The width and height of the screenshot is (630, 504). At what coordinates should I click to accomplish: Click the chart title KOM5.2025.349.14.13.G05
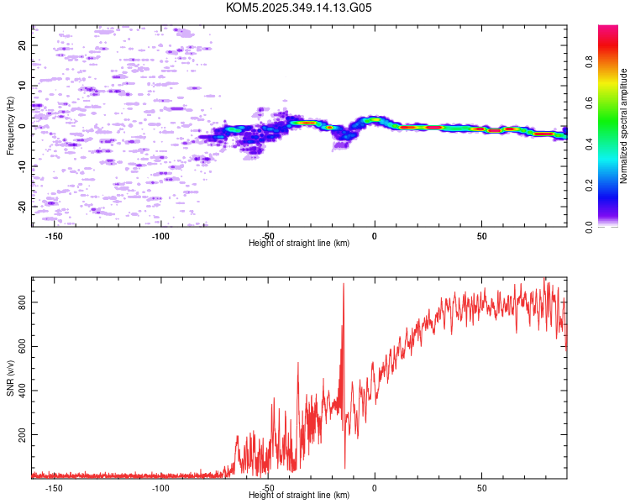click(299, 8)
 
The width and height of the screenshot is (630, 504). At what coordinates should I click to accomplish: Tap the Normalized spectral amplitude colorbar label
click(624, 126)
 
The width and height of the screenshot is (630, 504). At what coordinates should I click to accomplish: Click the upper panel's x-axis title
click(299, 244)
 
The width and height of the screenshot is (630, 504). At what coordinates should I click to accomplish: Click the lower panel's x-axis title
click(299, 496)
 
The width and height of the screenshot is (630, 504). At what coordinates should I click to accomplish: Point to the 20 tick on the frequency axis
click(23, 45)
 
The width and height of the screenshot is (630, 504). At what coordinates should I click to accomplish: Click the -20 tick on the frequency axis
click(23, 207)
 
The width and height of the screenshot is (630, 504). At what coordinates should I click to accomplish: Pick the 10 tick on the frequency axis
click(23, 86)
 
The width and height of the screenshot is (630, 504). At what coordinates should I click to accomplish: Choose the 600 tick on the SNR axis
click(23, 346)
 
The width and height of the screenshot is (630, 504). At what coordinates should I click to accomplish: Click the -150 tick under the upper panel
click(55, 236)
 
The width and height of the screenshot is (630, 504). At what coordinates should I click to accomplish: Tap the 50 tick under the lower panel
click(482, 488)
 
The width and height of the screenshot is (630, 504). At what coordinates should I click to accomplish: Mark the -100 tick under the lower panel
click(161, 488)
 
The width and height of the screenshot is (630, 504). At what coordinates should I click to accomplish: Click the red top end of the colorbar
click(608, 29)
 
